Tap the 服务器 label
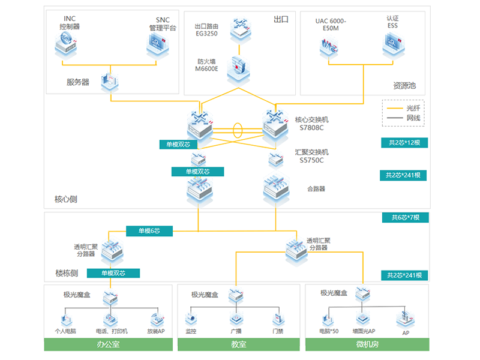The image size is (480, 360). pyautogui.click(x=78, y=82)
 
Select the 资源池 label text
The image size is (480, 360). pyautogui.click(x=404, y=85)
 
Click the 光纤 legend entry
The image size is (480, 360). pyautogui.click(x=404, y=108)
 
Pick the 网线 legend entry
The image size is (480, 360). pyautogui.click(x=404, y=118)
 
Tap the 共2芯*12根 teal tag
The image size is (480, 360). pyautogui.click(x=404, y=143)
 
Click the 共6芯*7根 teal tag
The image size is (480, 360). pyautogui.click(x=405, y=217)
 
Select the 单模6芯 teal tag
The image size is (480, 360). pyautogui.click(x=150, y=230)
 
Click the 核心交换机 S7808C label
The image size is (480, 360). pyautogui.click(x=312, y=124)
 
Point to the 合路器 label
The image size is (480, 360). pyautogui.click(x=316, y=188)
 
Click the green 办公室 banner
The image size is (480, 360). pyautogui.click(x=107, y=344)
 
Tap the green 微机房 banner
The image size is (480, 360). pyautogui.click(x=367, y=344)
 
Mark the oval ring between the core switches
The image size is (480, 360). pyautogui.click(x=238, y=130)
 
